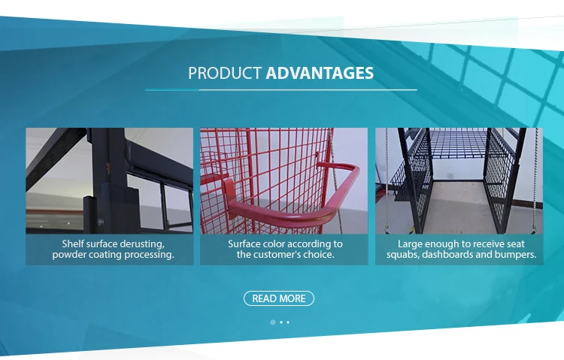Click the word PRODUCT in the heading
point(225,74)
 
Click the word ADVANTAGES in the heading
point(320,74)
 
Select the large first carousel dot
point(272,322)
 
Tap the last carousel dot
point(288,322)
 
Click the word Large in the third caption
point(412,244)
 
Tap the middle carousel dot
point(280,322)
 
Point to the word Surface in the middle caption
point(246,244)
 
